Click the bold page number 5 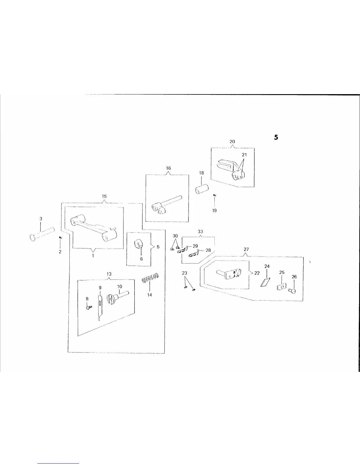point(276,137)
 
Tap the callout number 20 point(232,142)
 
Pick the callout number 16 point(168,168)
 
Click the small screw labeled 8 point(88,307)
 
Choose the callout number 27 point(246,249)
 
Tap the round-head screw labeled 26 point(293,291)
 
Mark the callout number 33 point(200,232)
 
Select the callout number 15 point(104,196)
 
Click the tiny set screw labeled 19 point(215,196)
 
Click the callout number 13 point(109,274)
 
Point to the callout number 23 point(184,273)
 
